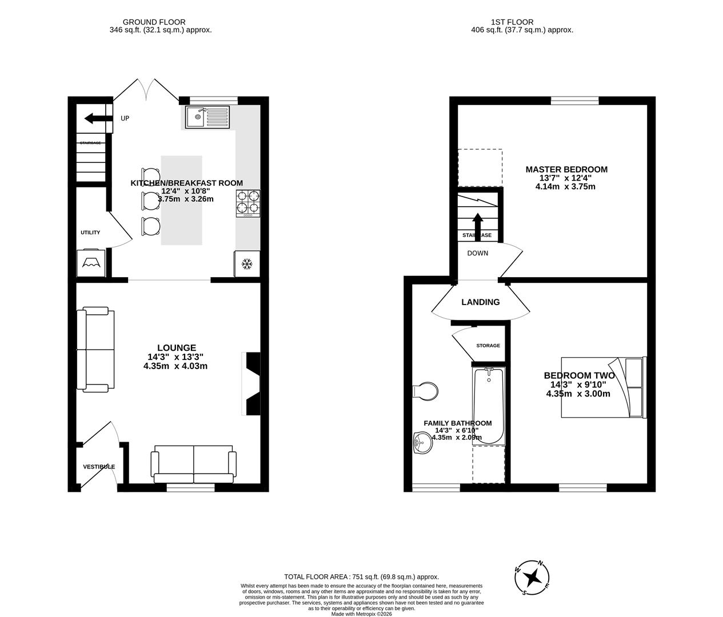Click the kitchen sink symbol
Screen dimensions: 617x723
click(x=207, y=118)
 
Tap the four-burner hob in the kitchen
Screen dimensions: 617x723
click(x=248, y=203)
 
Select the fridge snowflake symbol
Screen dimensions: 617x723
click(x=247, y=264)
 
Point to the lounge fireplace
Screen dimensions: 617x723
click(x=251, y=383)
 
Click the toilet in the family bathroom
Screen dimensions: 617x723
click(x=425, y=391)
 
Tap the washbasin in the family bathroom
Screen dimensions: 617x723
click(x=422, y=442)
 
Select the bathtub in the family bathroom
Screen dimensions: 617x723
click(x=489, y=406)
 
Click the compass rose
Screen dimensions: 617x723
click(x=533, y=577)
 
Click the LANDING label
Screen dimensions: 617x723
click(x=481, y=302)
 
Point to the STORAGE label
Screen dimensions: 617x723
click(x=488, y=346)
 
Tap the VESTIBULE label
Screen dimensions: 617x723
click(x=99, y=467)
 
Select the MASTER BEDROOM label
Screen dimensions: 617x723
click(x=566, y=169)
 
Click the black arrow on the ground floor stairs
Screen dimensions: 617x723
click(x=98, y=118)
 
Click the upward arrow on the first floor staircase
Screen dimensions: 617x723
click(x=477, y=224)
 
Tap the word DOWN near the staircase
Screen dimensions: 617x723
click(x=477, y=253)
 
